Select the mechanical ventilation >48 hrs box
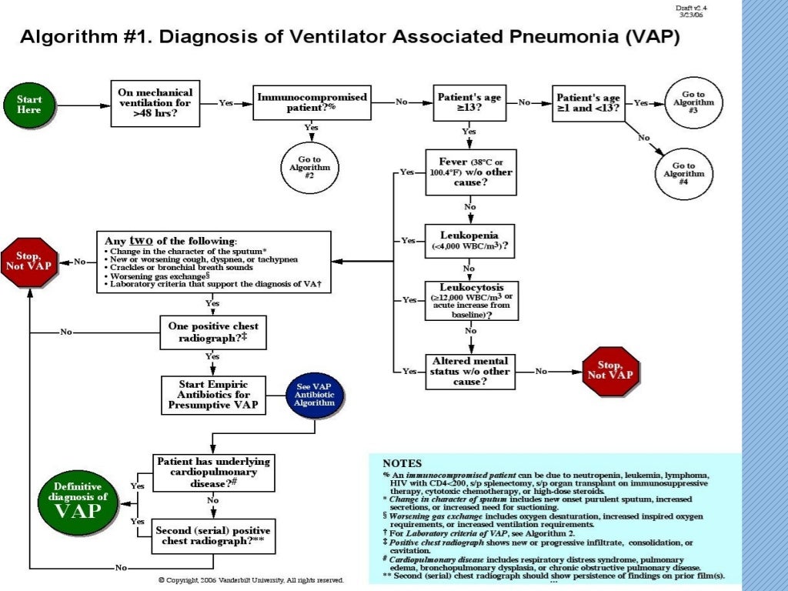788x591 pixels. tap(155, 102)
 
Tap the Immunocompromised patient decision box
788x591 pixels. tap(312, 103)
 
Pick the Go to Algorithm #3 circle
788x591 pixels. tap(688, 102)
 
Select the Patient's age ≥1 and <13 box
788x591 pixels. tap(589, 103)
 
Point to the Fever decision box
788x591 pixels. tap(470, 173)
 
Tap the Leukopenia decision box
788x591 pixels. tap(470, 241)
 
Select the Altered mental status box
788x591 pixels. tap(470, 372)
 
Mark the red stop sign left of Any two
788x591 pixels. tap(30, 262)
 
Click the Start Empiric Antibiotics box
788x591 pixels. tap(213, 395)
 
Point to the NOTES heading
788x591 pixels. tap(402, 463)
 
